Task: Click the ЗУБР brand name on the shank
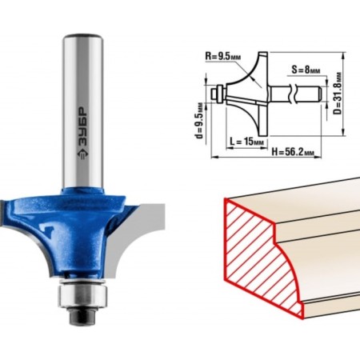pyautogui.click(x=82, y=126)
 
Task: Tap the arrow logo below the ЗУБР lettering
pyautogui.click(x=82, y=154)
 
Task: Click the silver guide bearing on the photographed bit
pyautogui.click(x=83, y=295)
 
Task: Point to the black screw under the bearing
pyautogui.click(x=83, y=317)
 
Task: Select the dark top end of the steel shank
pyautogui.click(x=83, y=35)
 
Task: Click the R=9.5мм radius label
pyautogui.click(x=223, y=56)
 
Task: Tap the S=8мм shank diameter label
pyautogui.click(x=306, y=70)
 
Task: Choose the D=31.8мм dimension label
pyautogui.click(x=338, y=93)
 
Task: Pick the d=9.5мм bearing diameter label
pyautogui.click(x=199, y=121)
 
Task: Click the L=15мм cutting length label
pyautogui.click(x=246, y=142)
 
